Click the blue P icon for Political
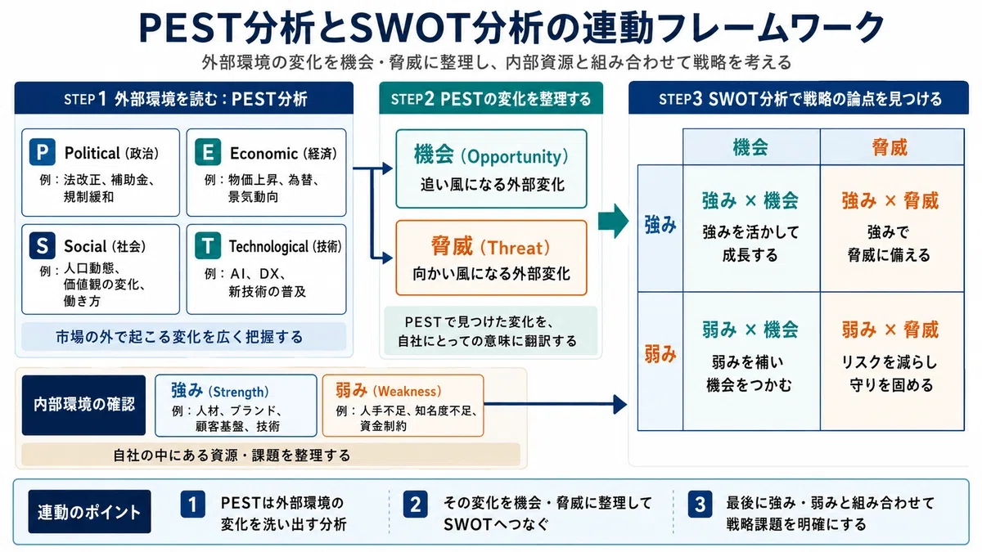click(x=42, y=152)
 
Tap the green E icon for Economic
click(x=208, y=152)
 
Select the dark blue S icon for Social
click(x=42, y=245)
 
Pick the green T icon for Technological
click(x=208, y=245)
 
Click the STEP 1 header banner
click(x=183, y=98)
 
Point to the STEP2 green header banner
click(x=491, y=98)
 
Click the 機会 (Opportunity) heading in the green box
click(x=491, y=156)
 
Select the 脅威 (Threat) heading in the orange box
click(x=490, y=247)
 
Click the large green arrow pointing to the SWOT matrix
click(x=613, y=221)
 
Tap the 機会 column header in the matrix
click(x=750, y=147)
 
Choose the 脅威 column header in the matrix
click(x=890, y=147)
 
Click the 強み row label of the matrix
click(x=660, y=225)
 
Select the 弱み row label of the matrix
click(x=660, y=354)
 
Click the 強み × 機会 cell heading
click(x=750, y=200)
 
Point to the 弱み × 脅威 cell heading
click(x=890, y=330)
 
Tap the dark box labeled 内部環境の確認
click(x=83, y=405)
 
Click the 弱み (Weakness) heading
click(x=389, y=390)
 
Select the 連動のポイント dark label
click(x=89, y=512)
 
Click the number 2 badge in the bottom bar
click(x=415, y=505)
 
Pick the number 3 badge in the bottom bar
click(x=700, y=505)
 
